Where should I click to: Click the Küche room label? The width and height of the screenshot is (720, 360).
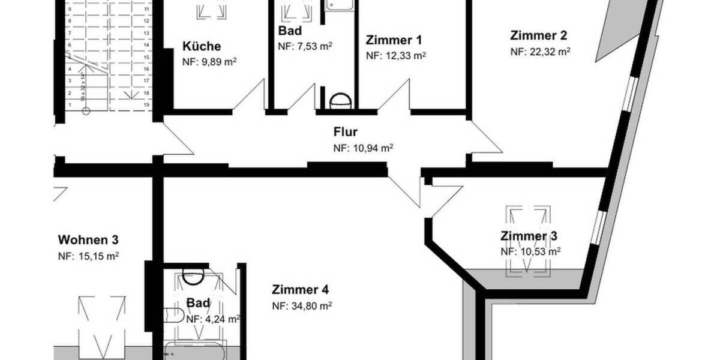click(x=202, y=46)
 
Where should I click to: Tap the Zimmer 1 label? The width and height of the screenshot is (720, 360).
click(x=394, y=41)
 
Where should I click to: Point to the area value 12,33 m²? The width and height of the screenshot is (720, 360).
click(x=401, y=56)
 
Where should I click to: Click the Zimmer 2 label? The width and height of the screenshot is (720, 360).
click(x=538, y=35)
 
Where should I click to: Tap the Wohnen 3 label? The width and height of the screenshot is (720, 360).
click(x=88, y=240)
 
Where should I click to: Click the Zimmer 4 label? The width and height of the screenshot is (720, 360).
click(x=300, y=289)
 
